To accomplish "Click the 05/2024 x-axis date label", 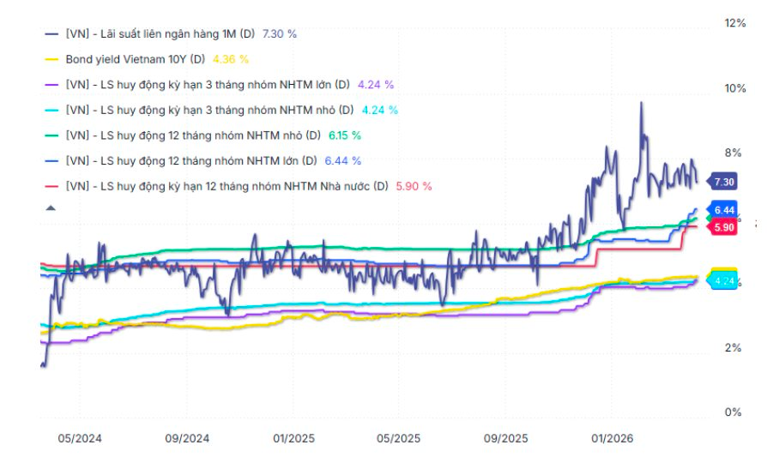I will point(80,438).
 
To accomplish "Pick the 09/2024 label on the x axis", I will point(186,438).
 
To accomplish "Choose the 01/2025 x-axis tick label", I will point(294,438).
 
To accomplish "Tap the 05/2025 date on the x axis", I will point(399,438).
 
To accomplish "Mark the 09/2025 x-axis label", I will point(505,438).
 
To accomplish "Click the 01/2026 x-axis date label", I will point(613,438).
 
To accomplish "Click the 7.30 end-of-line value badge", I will point(723,182).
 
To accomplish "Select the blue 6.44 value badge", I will point(723,210).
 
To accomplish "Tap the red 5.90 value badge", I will point(723,227).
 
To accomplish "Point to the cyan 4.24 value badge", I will point(723,280).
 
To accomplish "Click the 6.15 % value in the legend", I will point(344,135).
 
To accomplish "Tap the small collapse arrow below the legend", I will point(51,207).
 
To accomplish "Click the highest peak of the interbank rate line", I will point(640,103).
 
